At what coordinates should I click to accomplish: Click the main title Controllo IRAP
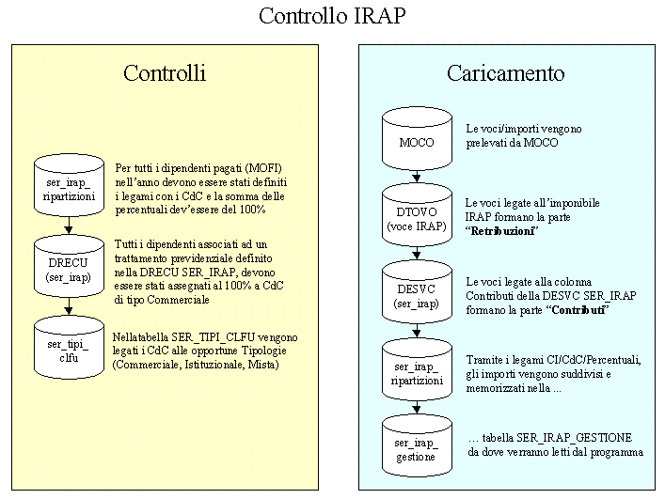(333, 17)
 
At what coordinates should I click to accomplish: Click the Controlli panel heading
(165, 73)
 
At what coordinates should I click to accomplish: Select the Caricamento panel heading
(505, 73)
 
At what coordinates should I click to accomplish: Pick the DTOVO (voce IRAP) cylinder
(416, 215)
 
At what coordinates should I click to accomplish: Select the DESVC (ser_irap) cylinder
(416, 293)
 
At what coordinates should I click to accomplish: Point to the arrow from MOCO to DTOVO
(416, 177)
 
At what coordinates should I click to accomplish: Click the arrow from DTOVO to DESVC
(416, 254)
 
